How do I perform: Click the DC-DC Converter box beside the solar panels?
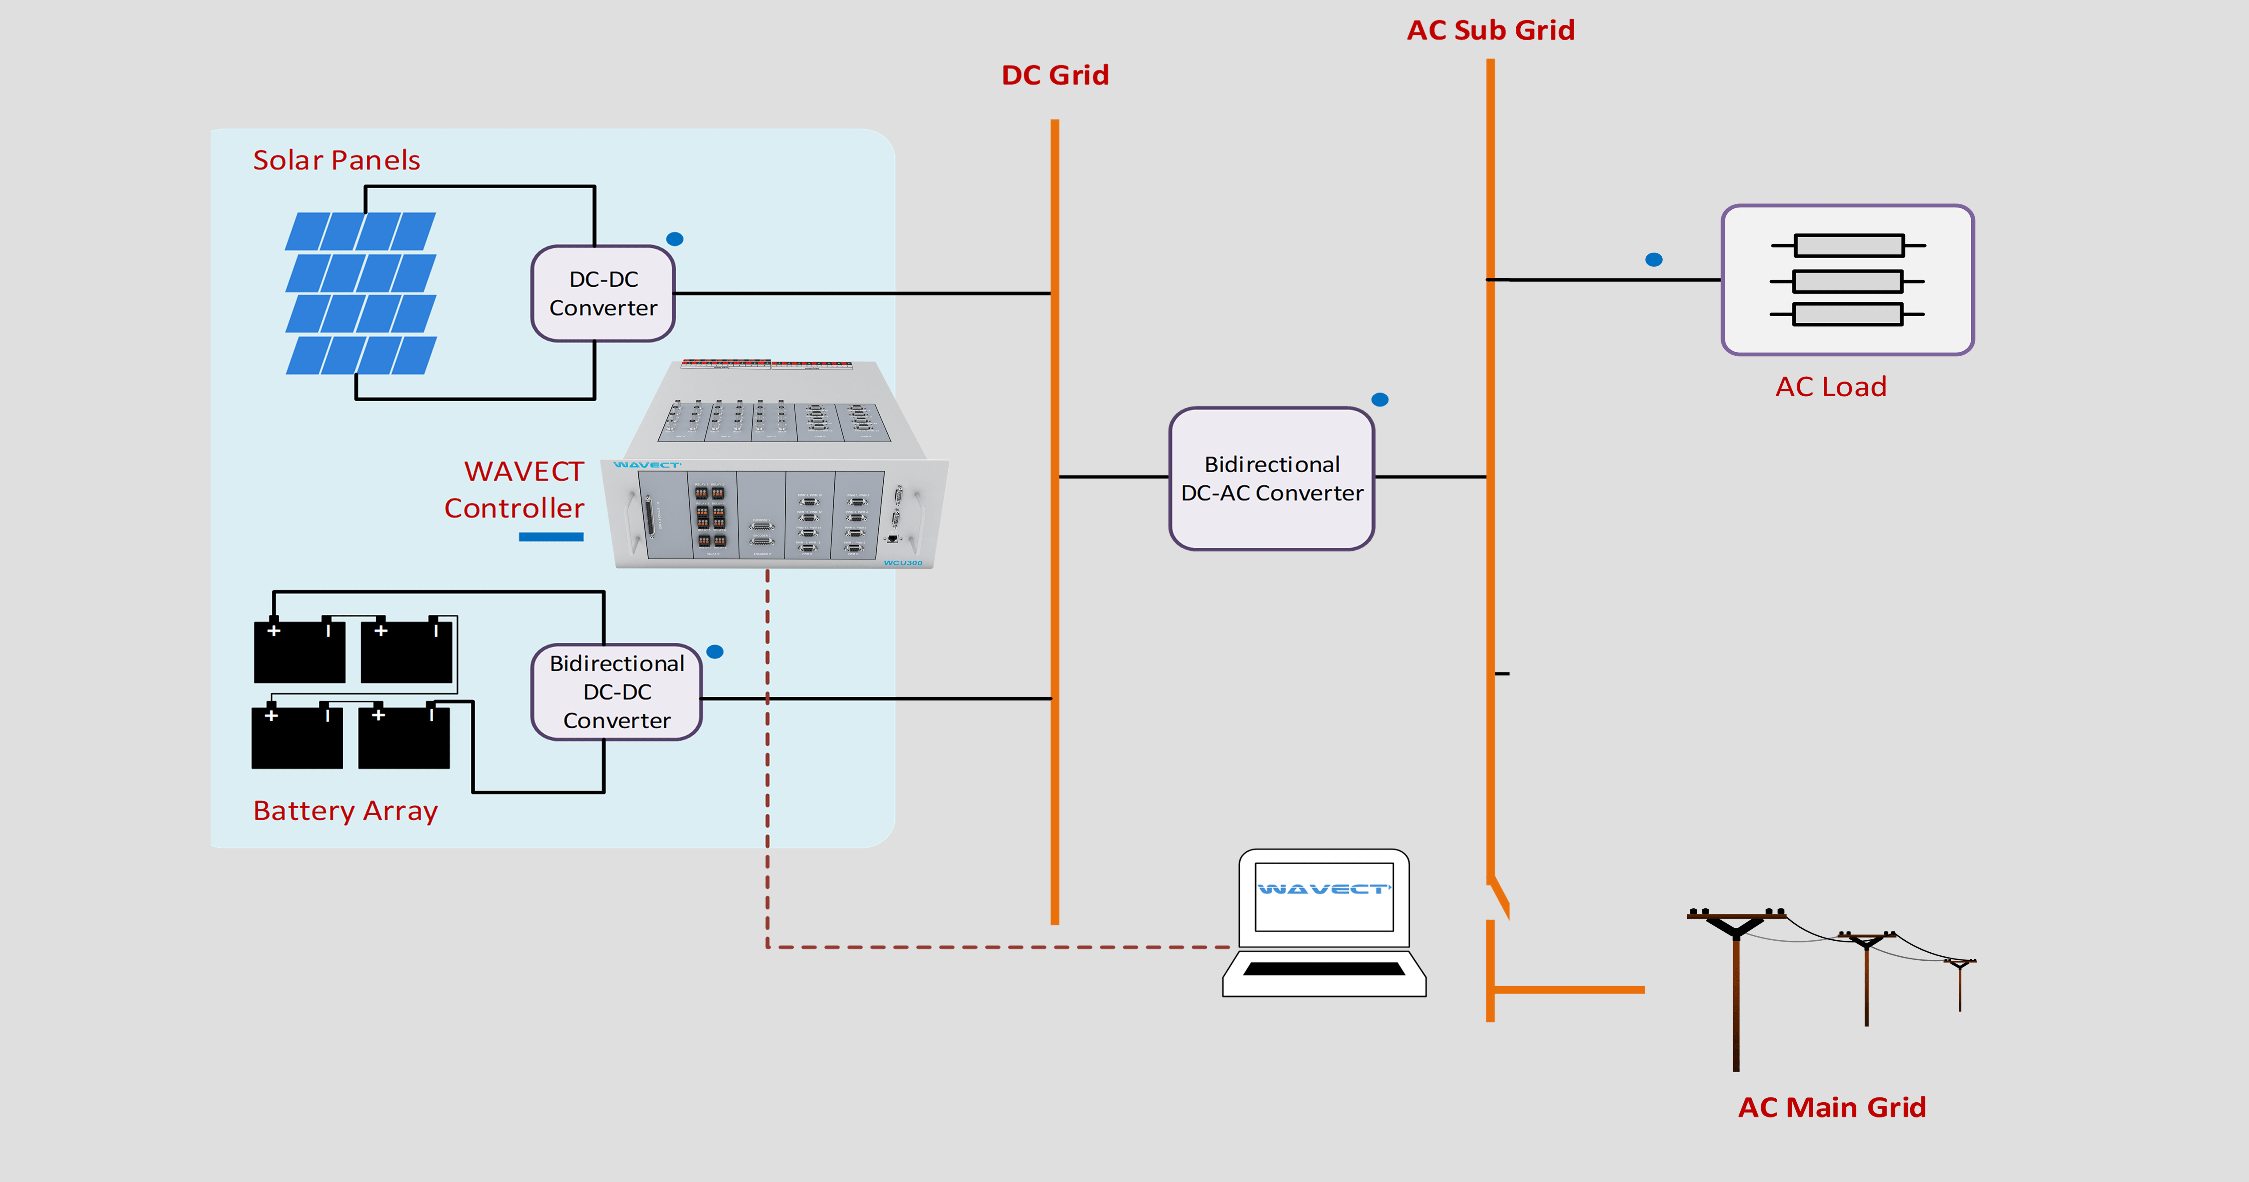[602, 293]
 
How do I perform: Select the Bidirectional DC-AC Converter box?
[1271, 479]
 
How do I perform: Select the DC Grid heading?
[1055, 75]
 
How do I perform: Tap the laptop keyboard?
[1323, 969]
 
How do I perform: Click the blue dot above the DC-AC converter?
[1380, 400]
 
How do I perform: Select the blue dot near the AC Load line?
[1653, 259]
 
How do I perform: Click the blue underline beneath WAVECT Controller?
[551, 537]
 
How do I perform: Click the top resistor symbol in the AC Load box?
[1848, 245]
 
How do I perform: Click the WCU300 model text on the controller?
[903, 563]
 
